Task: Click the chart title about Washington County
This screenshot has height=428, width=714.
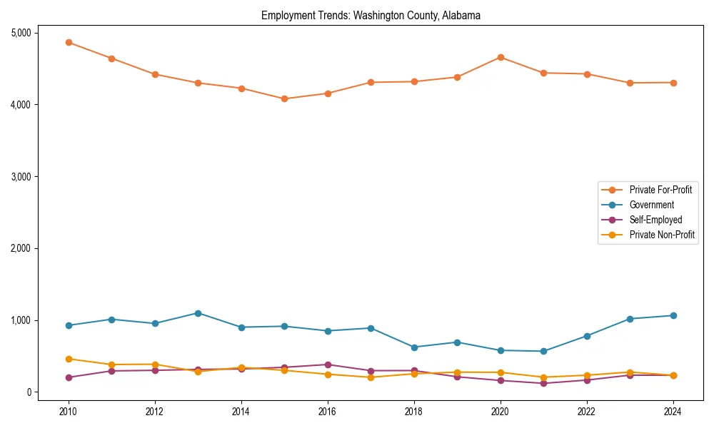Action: pos(371,15)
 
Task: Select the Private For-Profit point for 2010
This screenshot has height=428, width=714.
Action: pos(69,42)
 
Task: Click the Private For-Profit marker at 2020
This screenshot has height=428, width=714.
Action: pos(501,57)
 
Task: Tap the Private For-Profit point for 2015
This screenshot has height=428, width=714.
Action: pos(284,98)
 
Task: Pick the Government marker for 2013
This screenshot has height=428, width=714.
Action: pos(198,313)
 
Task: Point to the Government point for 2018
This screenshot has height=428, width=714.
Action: pos(414,347)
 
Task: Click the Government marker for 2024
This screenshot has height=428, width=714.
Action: pos(673,315)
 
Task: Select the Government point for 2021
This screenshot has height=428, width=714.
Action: pos(543,351)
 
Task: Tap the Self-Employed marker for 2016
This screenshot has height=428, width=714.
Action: pos(328,365)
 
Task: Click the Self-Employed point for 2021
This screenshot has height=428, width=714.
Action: pos(543,383)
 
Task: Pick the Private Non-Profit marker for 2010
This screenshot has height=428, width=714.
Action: pos(69,359)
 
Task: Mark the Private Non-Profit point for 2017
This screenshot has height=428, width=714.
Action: pos(371,377)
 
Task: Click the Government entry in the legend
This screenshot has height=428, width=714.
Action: pos(651,205)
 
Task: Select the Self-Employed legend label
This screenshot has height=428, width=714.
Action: pos(655,220)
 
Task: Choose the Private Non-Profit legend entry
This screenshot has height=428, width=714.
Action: pos(662,235)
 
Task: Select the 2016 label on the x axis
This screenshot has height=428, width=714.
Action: pos(328,412)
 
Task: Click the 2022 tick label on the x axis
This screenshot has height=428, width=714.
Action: pos(587,412)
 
